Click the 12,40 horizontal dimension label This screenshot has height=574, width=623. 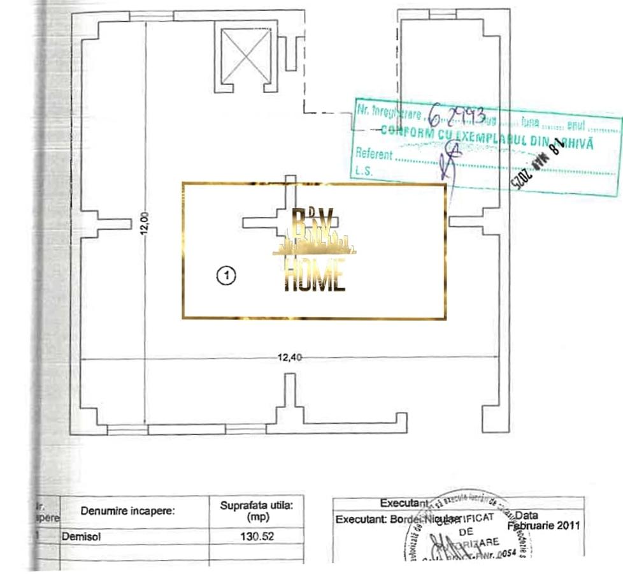[x=290, y=357]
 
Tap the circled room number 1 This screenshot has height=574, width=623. [x=227, y=276]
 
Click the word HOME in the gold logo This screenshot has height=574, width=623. [x=315, y=276]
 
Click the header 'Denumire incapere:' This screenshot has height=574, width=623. [x=127, y=511]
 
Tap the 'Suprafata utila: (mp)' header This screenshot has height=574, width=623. [x=257, y=511]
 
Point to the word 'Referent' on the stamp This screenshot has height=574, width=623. [x=374, y=154]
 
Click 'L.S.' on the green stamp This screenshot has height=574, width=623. [x=364, y=171]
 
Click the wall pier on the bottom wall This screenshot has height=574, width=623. [x=290, y=399]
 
